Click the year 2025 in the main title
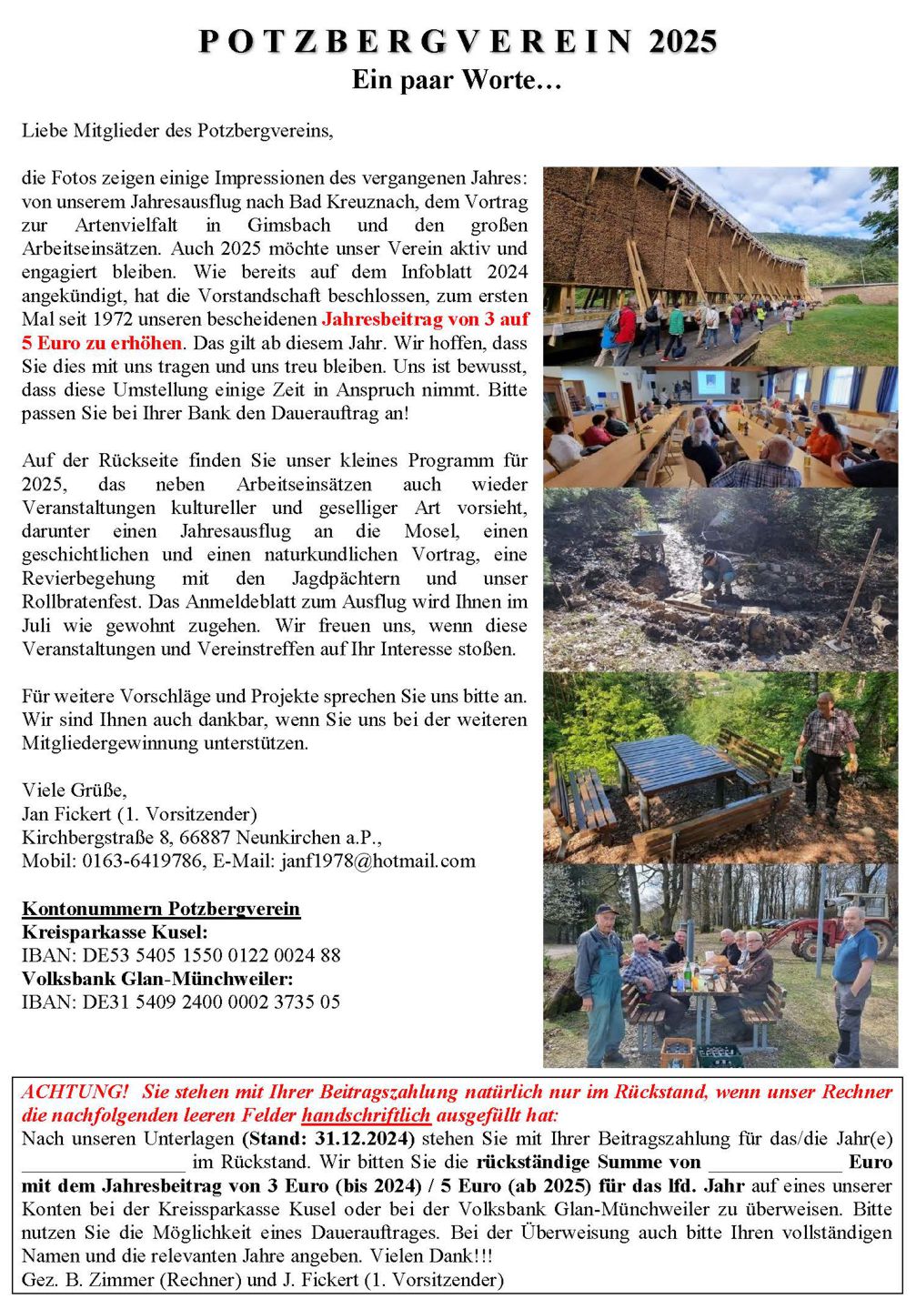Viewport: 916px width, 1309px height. click(x=682, y=42)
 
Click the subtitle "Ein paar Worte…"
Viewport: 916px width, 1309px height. click(x=457, y=80)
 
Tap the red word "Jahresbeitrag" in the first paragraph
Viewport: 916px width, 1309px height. click(x=381, y=319)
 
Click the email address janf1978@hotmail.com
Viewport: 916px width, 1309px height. click(x=375, y=861)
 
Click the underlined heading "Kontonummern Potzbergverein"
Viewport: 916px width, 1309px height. click(x=161, y=909)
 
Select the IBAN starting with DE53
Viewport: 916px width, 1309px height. click(x=181, y=955)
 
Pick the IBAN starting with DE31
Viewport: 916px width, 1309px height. click(x=181, y=1002)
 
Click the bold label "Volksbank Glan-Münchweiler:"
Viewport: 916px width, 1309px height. click(x=157, y=979)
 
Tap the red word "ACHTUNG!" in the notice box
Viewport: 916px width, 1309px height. click(x=75, y=1092)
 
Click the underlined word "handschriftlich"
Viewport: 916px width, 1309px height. click(x=367, y=1115)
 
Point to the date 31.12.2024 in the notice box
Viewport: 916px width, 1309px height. click(x=364, y=1139)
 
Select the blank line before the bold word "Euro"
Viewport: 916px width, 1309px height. click(x=775, y=1164)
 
